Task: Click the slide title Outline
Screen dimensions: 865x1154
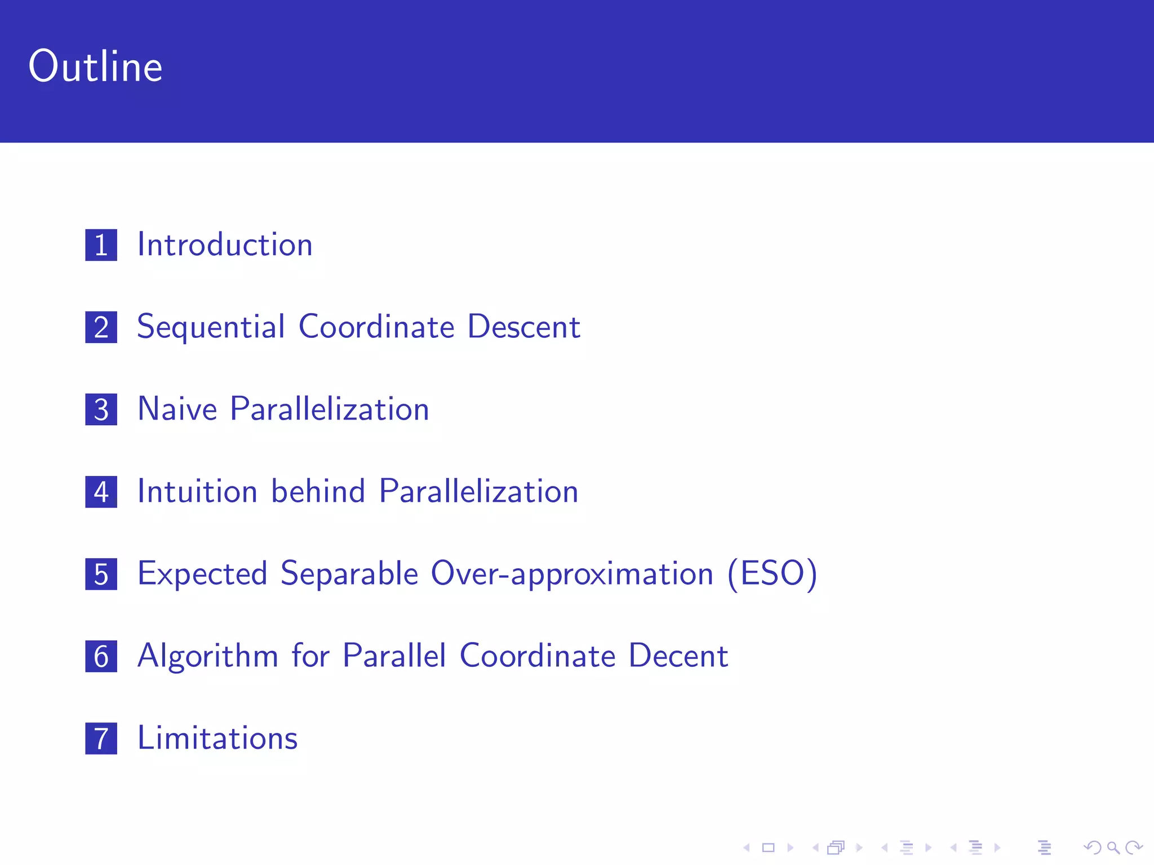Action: click(x=95, y=66)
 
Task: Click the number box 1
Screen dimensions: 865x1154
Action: click(x=101, y=245)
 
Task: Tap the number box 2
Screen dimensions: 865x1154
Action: click(x=101, y=327)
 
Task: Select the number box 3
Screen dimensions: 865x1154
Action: click(x=101, y=409)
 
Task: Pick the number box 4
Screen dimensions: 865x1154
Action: click(x=101, y=492)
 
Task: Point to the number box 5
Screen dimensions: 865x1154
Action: click(x=101, y=574)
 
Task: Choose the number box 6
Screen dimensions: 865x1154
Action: click(x=101, y=656)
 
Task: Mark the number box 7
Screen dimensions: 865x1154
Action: click(x=101, y=738)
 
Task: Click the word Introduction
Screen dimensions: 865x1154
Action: click(x=225, y=245)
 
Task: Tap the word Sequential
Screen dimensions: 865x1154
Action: click(x=211, y=327)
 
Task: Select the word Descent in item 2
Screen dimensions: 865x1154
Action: click(x=523, y=327)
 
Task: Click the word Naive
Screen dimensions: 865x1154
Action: click(x=177, y=409)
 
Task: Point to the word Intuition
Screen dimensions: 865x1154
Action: click(x=197, y=491)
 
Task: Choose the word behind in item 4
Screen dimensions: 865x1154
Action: click(x=318, y=491)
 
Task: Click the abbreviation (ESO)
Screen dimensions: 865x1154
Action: click(x=772, y=574)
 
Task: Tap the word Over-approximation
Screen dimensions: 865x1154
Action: click(x=572, y=574)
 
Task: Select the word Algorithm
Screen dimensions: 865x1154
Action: click(x=208, y=656)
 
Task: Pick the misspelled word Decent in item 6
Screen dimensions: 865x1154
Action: click(x=678, y=656)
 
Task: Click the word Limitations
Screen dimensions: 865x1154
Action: click(x=218, y=738)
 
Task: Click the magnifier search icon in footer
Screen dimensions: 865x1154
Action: click(x=1113, y=848)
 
